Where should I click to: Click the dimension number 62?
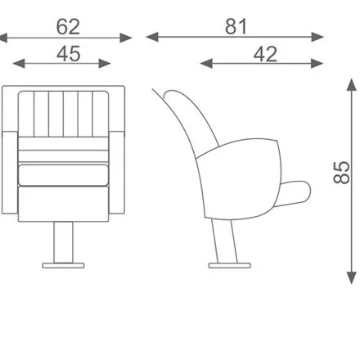pos(68,27)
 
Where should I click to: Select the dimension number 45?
pos(69,54)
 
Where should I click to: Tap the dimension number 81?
pos(236,27)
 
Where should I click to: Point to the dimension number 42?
pos(265,54)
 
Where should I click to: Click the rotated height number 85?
pos(341,173)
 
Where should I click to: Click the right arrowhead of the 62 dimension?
pos(126,38)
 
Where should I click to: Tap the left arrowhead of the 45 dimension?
pos(19,64)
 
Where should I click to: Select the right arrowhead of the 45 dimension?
pos(105,64)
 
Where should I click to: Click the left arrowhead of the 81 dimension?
pos(152,37)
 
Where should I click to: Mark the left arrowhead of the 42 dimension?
pos(206,64)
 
